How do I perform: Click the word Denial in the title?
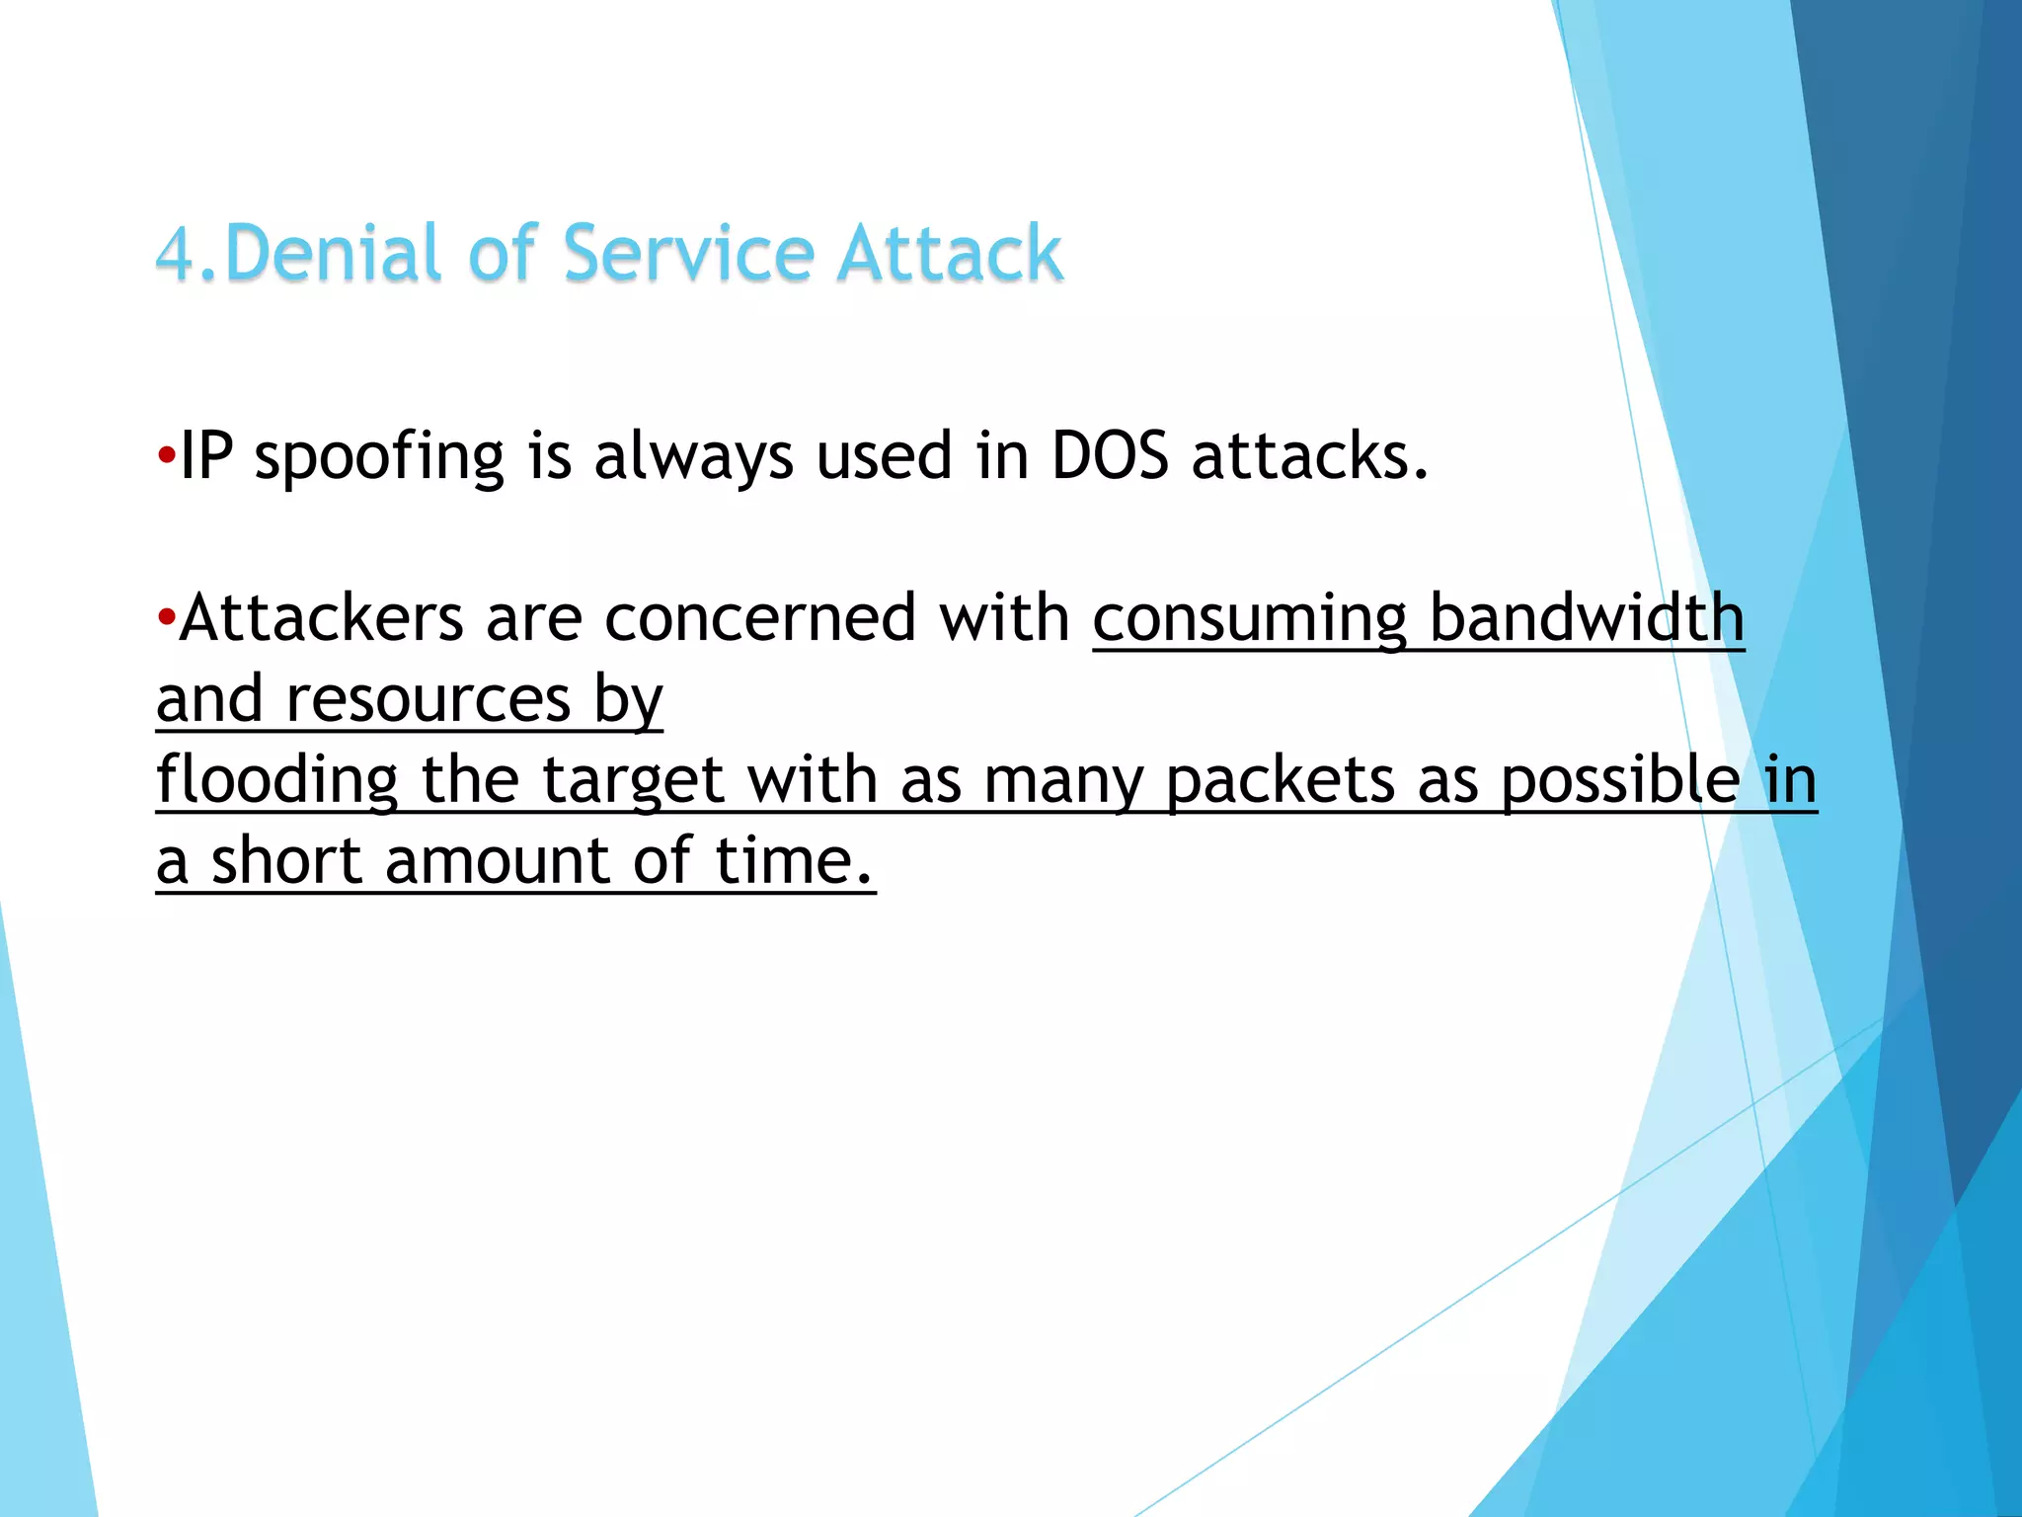tap(332, 254)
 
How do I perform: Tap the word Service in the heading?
tap(688, 254)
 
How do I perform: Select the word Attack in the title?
tap(950, 254)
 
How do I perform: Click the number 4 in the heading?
tap(176, 254)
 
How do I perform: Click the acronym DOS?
tap(1110, 456)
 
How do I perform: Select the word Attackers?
tap(321, 619)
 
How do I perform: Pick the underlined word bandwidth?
tap(1587, 619)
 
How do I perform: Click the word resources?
tap(428, 700)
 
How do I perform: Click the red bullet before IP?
tap(166, 457)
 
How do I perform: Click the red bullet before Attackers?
tap(166, 619)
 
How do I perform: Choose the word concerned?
tap(760, 619)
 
